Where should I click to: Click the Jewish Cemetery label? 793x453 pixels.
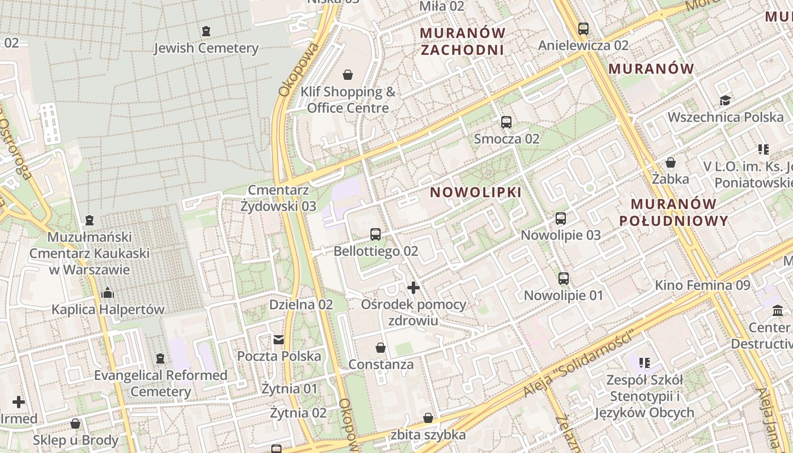point(206,48)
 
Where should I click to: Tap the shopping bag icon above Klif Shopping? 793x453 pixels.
point(347,75)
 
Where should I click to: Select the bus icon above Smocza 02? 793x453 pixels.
point(506,122)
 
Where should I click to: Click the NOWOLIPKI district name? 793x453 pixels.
point(476,193)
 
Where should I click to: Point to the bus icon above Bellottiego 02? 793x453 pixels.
point(375,234)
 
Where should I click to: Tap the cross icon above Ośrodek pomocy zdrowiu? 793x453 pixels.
point(413,288)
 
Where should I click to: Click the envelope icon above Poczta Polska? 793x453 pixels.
point(278,340)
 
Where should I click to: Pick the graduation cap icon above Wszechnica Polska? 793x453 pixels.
point(725,101)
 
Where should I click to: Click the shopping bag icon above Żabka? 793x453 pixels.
point(671,163)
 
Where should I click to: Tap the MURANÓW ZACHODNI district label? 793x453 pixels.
point(462,41)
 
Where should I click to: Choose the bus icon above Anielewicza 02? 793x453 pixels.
point(583,28)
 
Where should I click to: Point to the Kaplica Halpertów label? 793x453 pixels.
point(108,310)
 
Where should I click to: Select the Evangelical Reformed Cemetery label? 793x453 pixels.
point(161,383)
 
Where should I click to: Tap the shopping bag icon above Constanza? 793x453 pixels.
point(381,347)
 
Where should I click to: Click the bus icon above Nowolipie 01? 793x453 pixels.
point(563,278)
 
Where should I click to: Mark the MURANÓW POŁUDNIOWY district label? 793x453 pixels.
point(673,212)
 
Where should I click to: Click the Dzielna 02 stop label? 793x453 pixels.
point(301,305)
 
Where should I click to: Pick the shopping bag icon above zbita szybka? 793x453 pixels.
point(428,418)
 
